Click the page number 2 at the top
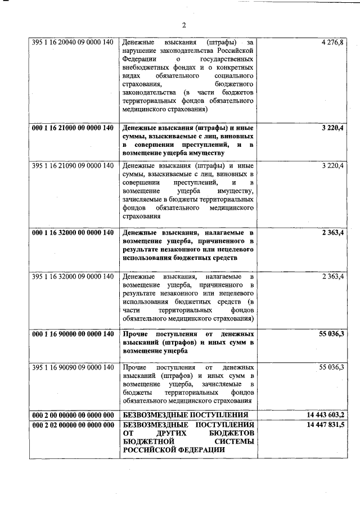pos(184,25)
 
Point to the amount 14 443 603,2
pos(326,415)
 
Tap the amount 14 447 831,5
pos(326,424)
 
